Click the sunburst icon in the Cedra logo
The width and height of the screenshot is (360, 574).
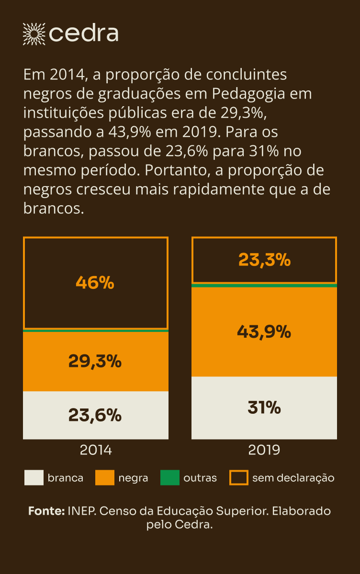pos(34,33)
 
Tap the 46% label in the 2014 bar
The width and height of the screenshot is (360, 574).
pos(95,283)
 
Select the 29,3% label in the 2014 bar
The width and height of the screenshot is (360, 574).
pos(95,361)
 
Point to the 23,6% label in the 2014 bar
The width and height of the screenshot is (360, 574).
pos(95,415)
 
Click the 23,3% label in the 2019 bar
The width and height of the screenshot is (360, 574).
pos(264,260)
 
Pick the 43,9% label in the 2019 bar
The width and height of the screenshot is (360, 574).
pos(264,331)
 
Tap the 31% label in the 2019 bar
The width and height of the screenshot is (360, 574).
pos(264,408)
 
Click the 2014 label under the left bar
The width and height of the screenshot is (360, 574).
pos(96,450)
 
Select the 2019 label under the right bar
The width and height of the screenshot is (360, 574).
pos(264,450)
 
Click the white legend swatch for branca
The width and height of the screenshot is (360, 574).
pos(34,478)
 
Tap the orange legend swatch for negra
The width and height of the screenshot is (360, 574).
pos(104,478)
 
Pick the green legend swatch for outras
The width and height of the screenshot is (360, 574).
pos(169,478)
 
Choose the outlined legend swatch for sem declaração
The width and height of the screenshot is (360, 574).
pos(239,478)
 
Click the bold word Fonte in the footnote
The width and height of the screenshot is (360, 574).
pos(46,511)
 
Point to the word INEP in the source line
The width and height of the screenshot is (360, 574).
pos(80,511)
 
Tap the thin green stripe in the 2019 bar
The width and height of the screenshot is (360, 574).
pos(264,286)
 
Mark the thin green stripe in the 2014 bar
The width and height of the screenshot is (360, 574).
pos(96,331)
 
